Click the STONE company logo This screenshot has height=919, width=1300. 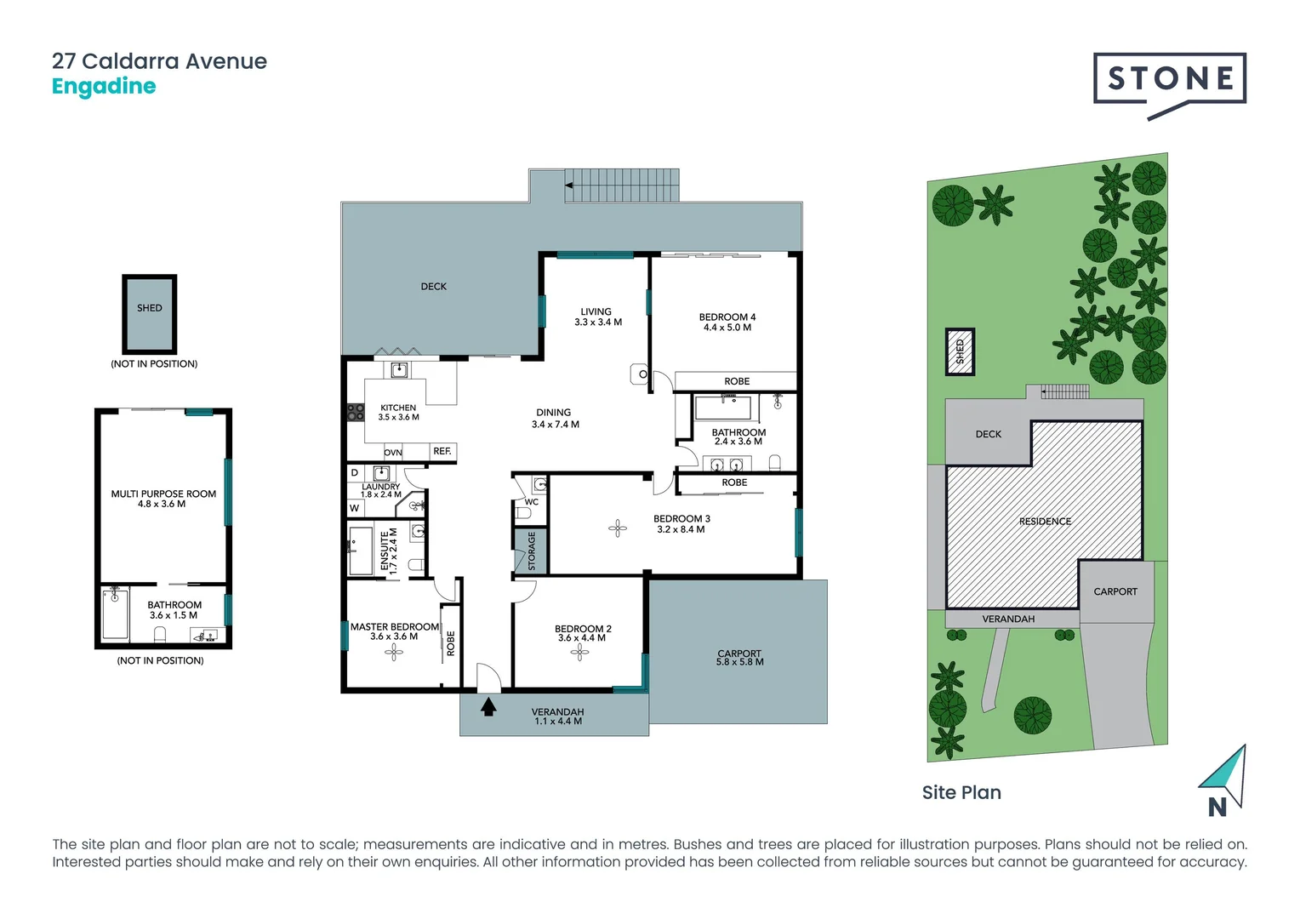click(1170, 81)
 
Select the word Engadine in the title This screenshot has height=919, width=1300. click(104, 87)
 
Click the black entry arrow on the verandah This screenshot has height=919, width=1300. click(488, 706)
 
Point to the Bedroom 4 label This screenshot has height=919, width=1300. click(727, 317)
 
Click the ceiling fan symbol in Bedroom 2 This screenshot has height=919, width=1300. click(579, 653)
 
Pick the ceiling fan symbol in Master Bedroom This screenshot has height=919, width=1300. click(393, 653)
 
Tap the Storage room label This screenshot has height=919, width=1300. click(532, 551)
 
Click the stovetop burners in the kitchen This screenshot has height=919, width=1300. click(356, 413)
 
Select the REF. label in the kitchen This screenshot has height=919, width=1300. click(442, 451)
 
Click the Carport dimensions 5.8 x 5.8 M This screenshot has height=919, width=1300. click(739, 662)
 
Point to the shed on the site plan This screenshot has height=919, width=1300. click(960, 351)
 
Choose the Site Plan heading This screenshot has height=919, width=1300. click(961, 792)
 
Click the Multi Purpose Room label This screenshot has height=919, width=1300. click(163, 494)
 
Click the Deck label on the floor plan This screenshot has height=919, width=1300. click(433, 287)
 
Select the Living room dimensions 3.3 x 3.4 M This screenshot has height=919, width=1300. click(597, 323)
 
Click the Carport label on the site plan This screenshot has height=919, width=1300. click(1115, 591)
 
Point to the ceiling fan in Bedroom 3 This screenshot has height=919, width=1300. click(618, 528)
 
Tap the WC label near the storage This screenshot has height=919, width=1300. click(531, 502)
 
